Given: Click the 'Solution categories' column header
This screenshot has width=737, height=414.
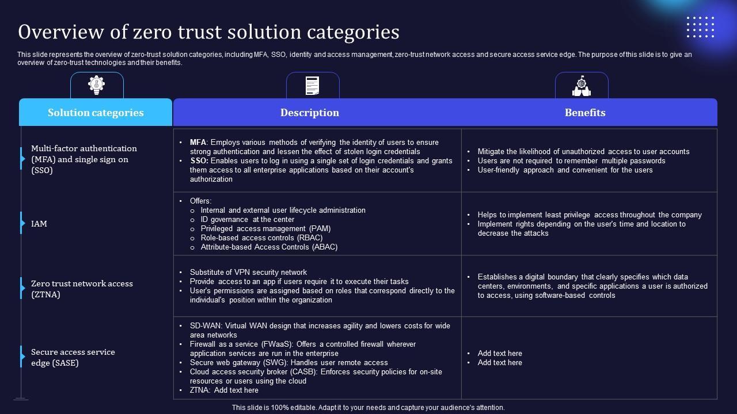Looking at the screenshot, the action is pyautogui.click(x=96, y=113).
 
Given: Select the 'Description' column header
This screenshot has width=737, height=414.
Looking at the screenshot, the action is pyautogui.click(x=310, y=113).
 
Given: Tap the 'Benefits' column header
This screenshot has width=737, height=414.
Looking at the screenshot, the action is pyautogui.click(x=585, y=113).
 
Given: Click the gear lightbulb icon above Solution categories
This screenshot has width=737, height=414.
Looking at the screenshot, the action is pyautogui.click(x=97, y=85).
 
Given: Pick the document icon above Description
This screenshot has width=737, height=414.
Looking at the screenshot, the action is pyautogui.click(x=313, y=86).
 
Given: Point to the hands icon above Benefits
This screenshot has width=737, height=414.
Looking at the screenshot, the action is pyautogui.click(x=582, y=86).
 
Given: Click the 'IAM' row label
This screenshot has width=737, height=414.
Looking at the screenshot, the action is pyautogui.click(x=39, y=224).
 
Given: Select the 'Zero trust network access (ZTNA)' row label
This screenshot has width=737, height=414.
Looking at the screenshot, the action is pyautogui.click(x=82, y=289).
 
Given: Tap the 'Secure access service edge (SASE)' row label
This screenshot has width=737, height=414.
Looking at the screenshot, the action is pyautogui.click(x=73, y=357).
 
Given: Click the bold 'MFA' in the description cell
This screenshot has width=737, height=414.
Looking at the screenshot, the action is pyautogui.click(x=198, y=142).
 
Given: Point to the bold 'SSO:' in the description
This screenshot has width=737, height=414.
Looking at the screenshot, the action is pyautogui.click(x=199, y=160).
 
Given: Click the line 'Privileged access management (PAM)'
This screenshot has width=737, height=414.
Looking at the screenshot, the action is pyautogui.click(x=265, y=228).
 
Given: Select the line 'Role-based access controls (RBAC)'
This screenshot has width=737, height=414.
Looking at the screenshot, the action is pyautogui.click(x=261, y=237).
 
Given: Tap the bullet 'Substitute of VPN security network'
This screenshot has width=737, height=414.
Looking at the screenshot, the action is pyautogui.click(x=248, y=272).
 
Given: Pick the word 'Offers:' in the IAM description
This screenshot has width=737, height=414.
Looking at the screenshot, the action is pyautogui.click(x=200, y=201).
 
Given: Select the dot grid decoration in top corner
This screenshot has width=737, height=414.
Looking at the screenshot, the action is pyautogui.click(x=700, y=27).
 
